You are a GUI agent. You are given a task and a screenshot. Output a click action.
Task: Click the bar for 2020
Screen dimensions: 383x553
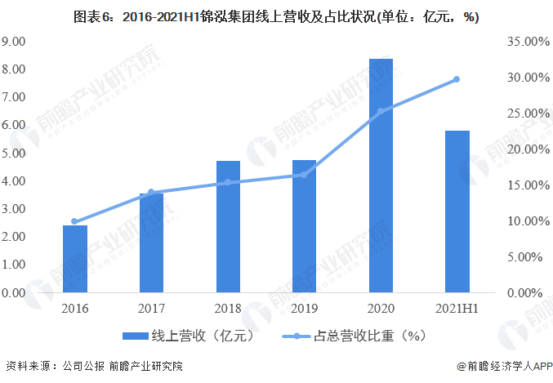point(381,176)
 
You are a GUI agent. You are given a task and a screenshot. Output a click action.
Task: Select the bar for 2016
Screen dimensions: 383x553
point(75,258)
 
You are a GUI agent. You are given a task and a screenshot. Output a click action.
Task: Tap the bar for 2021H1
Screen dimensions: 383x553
point(457,211)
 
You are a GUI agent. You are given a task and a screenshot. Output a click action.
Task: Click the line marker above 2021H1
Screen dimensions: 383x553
point(457,79)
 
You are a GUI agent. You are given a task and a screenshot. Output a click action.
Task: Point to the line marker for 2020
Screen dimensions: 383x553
point(381,111)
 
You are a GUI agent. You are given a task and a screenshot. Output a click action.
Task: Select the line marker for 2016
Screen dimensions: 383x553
point(75,221)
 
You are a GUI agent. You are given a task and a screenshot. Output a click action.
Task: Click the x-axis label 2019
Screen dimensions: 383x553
point(304,309)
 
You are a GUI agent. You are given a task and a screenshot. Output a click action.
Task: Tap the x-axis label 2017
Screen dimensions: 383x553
point(151,309)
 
